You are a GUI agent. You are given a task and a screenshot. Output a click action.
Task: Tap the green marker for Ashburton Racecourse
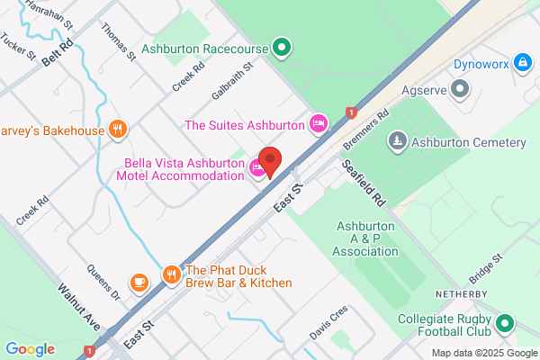pyautogui.click(x=282, y=46)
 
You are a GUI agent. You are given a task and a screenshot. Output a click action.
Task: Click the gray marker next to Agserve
pyautogui.click(x=461, y=88)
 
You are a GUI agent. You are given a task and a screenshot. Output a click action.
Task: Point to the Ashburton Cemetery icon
pyautogui.click(x=398, y=142)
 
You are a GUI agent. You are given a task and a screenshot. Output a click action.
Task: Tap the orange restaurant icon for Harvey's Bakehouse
pyautogui.click(x=116, y=130)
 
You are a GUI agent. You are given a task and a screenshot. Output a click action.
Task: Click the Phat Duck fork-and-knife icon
pyautogui.click(x=171, y=274)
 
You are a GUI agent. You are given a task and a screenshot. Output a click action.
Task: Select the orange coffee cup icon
pyautogui.click(x=139, y=283)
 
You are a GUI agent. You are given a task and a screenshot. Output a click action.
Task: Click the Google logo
pyautogui.click(x=30, y=349)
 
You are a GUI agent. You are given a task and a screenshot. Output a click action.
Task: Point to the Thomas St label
pyautogui.click(x=119, y=41)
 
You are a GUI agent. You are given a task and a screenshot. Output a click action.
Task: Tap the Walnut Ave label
pyautogui.click(x=77, y=307)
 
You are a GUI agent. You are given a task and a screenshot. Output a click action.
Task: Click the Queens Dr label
pyautogui.click(x=103, y=281)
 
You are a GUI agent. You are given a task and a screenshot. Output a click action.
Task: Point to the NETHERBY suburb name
pyautogui.click(x=462, y=293)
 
